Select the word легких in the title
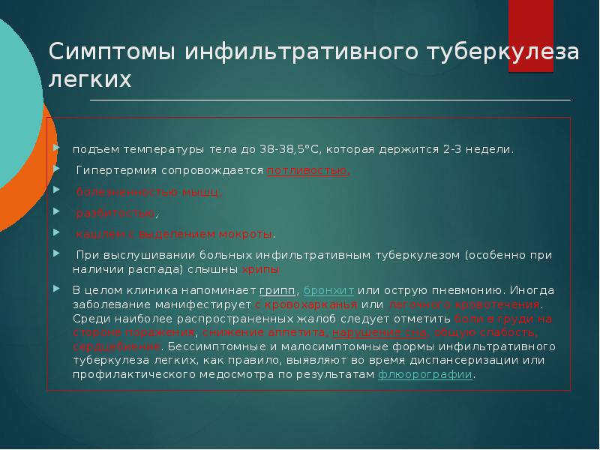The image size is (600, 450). (x=90, y=80)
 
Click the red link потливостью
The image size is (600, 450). (x=307, y=170)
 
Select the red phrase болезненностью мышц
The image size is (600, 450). (x=150, y=191)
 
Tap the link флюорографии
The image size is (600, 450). (x=425, y=374)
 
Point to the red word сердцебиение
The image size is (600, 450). (x=116, y=346)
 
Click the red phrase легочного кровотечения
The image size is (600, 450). (x=464, y=304)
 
